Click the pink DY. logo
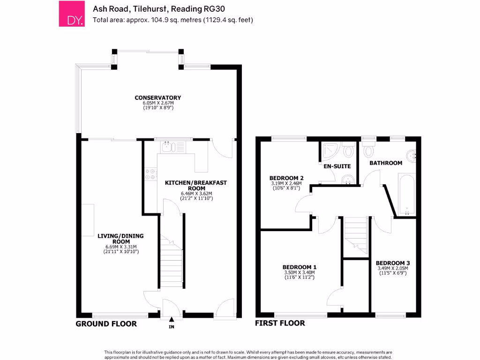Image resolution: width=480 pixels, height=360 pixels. (71, 14)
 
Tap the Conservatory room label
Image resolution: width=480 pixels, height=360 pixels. (157, 97)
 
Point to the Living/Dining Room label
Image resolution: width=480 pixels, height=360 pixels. (120, 239)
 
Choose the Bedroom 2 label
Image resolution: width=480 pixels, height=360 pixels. (286, 178)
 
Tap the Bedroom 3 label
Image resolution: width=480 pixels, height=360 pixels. (393, 263)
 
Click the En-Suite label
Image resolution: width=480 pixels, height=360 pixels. (334, 166)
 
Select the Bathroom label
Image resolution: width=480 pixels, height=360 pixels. (386, 163)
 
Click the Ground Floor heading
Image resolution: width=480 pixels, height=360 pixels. (106, 324)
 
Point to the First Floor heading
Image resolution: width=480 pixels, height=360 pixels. (280, 323)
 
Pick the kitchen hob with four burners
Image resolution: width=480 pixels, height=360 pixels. (151, 174)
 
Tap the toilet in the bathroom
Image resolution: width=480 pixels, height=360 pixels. (368, 151)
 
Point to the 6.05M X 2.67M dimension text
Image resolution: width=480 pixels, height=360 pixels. (157, 103)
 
